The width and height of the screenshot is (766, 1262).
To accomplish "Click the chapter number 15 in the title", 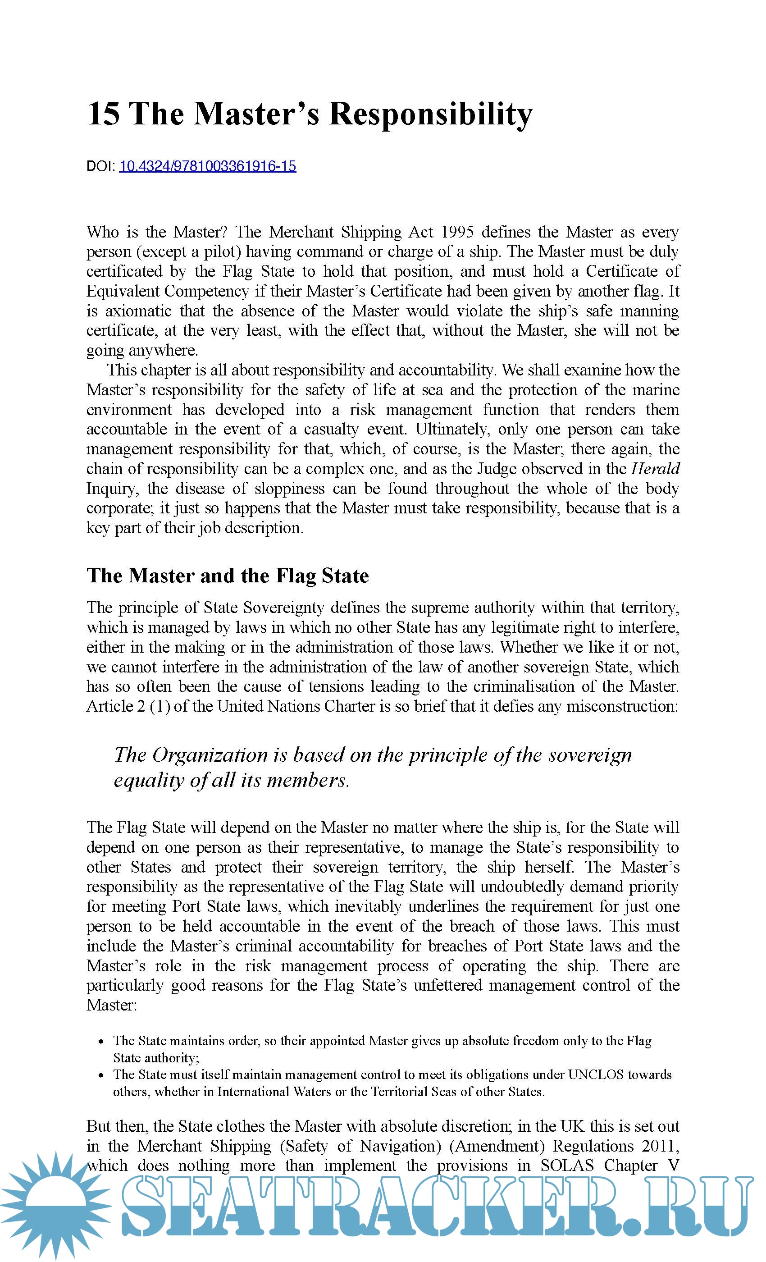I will coord(104,113).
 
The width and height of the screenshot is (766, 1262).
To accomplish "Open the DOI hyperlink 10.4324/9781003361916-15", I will coord(207,166).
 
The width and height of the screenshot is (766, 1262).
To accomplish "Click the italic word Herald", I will coord(656,469).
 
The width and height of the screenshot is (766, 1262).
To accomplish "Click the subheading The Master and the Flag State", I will coord(228,576).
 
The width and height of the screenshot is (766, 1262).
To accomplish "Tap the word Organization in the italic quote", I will coord(210,754).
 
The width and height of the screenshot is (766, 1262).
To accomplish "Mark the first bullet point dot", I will coord(102,1041).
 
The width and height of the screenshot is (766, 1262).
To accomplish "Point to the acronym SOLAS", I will coord(567,1165).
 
